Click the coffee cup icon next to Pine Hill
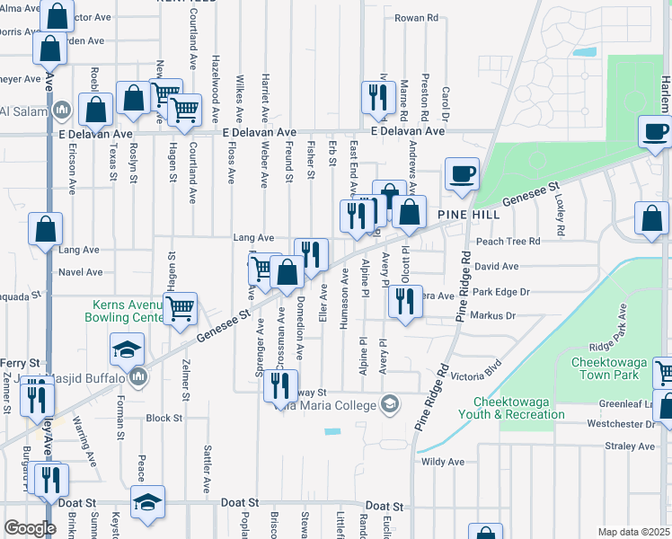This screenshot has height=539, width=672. pyautogui.click(x=462, y=172)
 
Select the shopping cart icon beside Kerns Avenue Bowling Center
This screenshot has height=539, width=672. pyautogui.click(x=181, y=308)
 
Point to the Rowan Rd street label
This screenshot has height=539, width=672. pyautogui.click(x=416, y=18)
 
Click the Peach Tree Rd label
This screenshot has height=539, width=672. pyautogui.click(x=508, y=242)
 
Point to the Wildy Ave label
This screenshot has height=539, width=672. pyautogui.click(x=443, y=462)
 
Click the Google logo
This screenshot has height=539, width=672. pyautogui.click(x=30, y=528)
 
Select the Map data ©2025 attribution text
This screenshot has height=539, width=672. pyautogui.click(x=632, y=532)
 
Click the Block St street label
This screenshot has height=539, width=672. pyautogui.click(x=164, y=419)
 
